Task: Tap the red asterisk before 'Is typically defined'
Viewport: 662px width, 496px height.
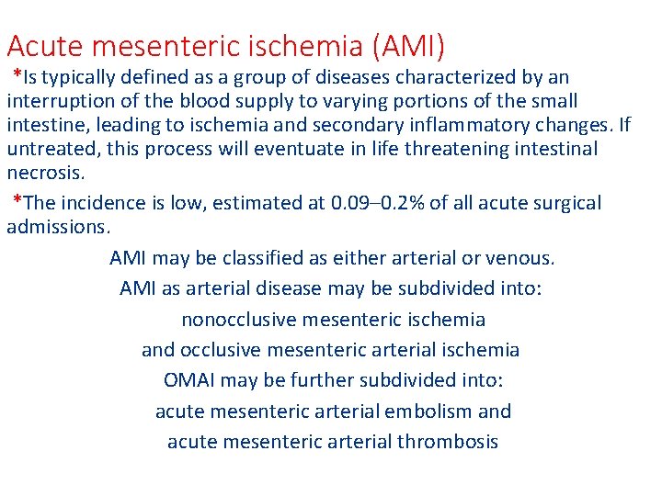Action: click(17, 74)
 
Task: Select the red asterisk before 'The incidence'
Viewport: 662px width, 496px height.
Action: click(17, 201)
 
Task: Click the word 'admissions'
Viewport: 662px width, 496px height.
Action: click(58, 226)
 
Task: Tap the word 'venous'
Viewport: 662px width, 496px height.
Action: click(523, 258)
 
